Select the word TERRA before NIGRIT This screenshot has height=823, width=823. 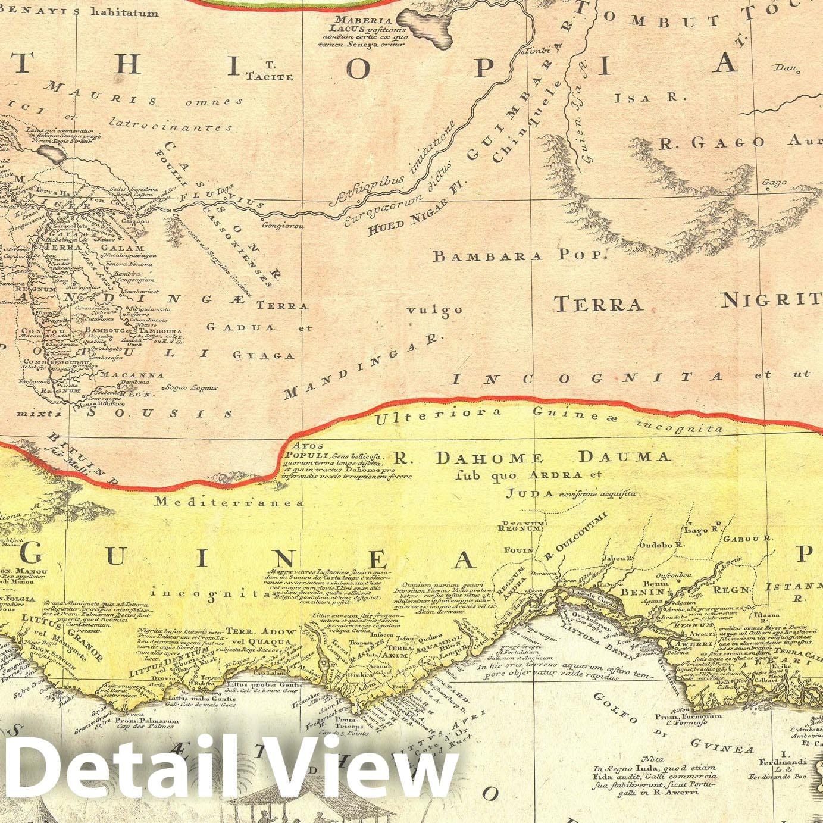pyautogui.click(x=598, y=305)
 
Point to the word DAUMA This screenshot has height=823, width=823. pyautogui.click(x=625, y=457)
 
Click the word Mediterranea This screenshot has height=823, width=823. pyautogui.click(x=229, y=502)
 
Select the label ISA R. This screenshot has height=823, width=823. pyautogui.click(x=650, y=97)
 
